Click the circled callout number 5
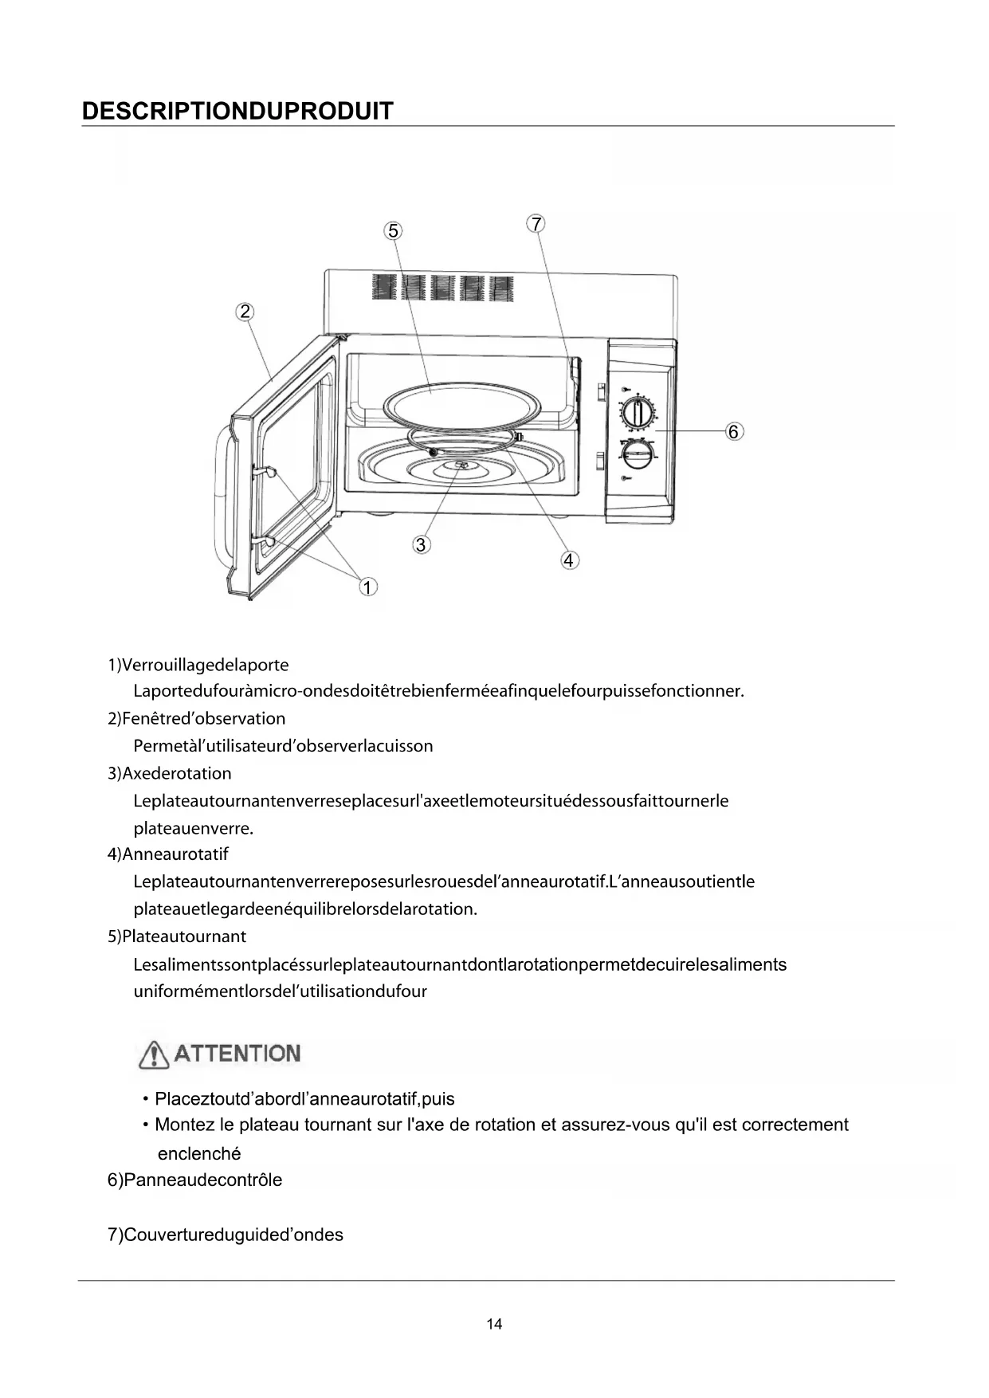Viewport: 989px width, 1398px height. (x=393, y=231)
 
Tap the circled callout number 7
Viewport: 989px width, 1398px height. (x=536, y=224)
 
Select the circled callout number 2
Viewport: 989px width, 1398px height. (x=245, y=312)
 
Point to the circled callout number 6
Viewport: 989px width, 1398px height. (x=734, y=431)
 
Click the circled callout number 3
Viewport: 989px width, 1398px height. (x=421, y=545)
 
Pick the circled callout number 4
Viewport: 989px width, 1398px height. (x=568, y=560)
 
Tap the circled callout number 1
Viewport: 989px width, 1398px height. (x=367, y=587)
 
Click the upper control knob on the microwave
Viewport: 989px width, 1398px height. (x=636, y=414)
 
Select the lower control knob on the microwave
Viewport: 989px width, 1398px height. (x=637, y=455)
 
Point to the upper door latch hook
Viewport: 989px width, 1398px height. (x=265, y=471)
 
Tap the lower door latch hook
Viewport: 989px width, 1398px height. (x=265, y=541)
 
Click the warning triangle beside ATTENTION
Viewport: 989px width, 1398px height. (x=154, y=1054)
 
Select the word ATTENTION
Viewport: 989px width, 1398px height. (x=237, y=1054)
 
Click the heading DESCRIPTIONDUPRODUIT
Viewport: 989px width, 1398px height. (x=237, y=111)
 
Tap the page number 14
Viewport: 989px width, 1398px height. (x=494, y=1324)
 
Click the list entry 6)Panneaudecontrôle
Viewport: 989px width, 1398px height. (x=194, y=1180)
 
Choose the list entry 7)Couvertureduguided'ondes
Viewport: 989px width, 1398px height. (x=226, y=1235)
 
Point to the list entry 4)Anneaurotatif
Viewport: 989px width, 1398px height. (x=168, y=854)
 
